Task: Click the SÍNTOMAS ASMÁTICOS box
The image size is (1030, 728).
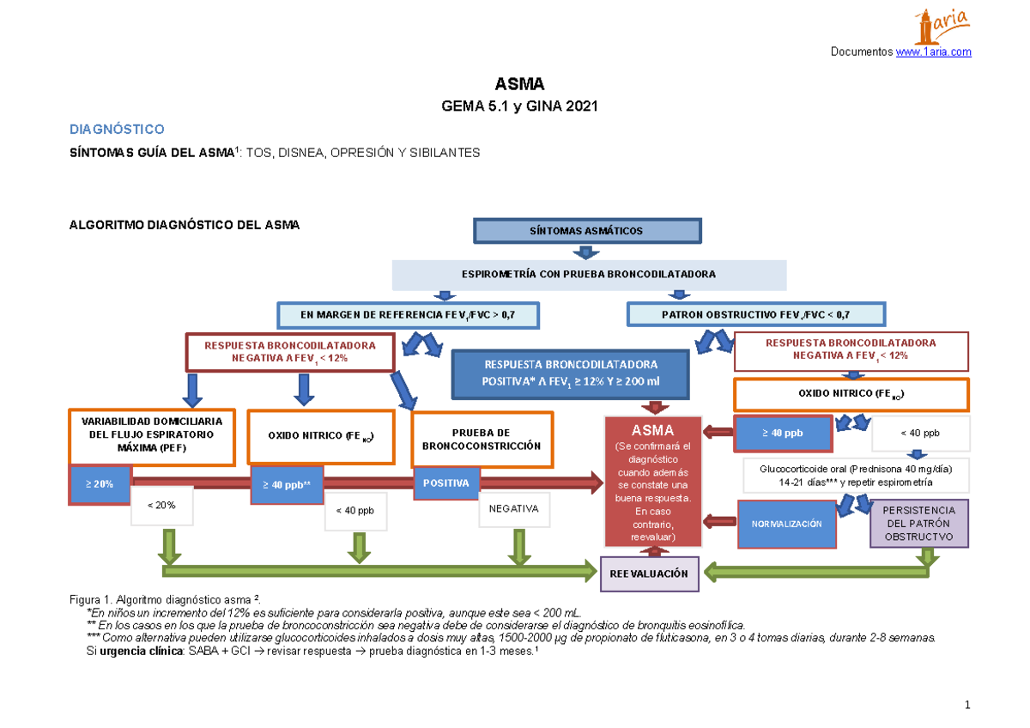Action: [587, 231]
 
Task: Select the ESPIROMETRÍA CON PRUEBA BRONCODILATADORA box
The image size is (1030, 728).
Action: [589, 275]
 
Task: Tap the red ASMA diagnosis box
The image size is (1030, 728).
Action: [652, 482]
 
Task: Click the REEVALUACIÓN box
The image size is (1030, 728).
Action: [649, 573]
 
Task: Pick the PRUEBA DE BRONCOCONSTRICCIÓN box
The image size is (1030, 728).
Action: [482, 440]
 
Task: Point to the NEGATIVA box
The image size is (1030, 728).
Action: [513, 509]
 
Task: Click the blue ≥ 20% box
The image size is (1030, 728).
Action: [99, 485]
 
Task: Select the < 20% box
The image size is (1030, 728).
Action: [161, 506]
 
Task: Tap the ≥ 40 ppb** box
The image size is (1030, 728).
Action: [287, 485]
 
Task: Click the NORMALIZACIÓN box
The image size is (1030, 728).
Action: [786, 524]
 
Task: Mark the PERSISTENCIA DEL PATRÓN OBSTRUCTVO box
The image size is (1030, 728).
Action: [918, 524]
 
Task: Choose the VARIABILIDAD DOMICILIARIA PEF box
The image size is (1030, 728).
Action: [152, 435]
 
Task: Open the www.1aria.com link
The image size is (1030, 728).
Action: [934, 52]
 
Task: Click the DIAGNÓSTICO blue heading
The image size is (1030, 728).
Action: [116, 130]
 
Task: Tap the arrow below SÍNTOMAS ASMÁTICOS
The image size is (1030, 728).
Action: [585, 252]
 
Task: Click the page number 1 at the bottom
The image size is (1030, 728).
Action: [967, 706]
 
